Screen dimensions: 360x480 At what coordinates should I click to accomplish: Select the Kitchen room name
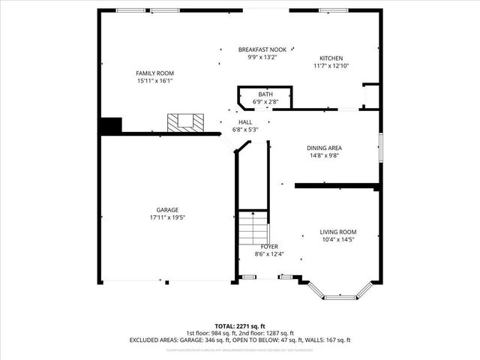click(x=331, y=58)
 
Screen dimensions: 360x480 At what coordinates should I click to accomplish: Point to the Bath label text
click(x=265, y=94)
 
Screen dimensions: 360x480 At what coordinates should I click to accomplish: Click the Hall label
click(x=245, y=121)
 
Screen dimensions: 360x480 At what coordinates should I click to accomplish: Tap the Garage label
click(x=167, y=209)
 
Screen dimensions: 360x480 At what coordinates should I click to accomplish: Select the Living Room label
click(x=337, y=232)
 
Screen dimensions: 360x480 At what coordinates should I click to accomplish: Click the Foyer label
click(x=269, y=246)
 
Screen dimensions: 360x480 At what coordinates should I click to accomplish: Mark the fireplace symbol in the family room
click(x=184, y=122)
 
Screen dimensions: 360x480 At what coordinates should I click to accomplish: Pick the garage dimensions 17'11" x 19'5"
click(x=167, y=217)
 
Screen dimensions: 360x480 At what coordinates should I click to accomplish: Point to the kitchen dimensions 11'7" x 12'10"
click(x=331, y=66)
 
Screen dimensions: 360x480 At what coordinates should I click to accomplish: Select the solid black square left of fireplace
click(x=111, y=125)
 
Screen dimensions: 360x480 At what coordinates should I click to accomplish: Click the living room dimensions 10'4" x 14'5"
click(x=337, y=240)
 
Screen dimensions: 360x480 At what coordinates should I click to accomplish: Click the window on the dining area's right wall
click(x=380, y=147)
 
